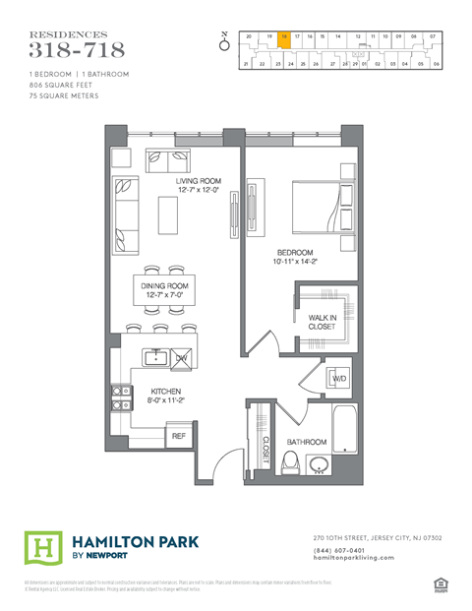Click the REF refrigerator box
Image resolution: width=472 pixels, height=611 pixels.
point(179,435)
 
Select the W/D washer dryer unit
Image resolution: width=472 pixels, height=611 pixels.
point(338,379)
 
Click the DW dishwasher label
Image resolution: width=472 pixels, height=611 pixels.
point(181,359)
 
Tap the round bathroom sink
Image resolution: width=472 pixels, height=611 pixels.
point(319,464)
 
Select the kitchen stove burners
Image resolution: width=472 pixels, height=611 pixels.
point(120,396)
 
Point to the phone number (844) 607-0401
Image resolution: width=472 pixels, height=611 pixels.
point(340,550)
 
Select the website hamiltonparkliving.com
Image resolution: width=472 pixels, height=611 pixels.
point(354,558)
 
